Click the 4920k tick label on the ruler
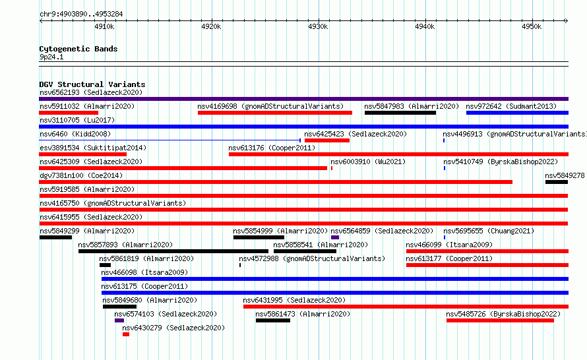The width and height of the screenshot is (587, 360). (211, 26)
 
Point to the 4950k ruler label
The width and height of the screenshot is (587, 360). (532, 26)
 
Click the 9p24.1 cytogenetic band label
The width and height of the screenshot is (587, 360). (51, 57)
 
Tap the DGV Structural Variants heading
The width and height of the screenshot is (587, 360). (92, 84)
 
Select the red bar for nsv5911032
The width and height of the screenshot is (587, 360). (69, 113)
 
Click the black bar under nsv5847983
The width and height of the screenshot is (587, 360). (400, 113)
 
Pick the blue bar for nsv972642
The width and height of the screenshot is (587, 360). (517, 113)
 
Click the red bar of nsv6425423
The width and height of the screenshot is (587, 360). (327, 140)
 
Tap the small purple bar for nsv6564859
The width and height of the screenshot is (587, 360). (335, 237)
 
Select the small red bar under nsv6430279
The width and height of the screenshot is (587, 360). (126, 334)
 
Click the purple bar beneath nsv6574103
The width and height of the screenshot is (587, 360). (119, 320)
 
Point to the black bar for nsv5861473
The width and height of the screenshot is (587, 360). (273, 320)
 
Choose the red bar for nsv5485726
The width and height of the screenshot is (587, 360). (500, 320)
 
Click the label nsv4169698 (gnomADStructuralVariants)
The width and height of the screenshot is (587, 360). (270, 106)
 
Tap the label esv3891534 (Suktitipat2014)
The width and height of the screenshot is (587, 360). (93, 148)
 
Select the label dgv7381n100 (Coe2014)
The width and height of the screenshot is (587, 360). (81, 175)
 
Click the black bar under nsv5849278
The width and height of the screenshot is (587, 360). (557, 182)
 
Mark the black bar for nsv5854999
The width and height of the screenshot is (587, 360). (259, 237)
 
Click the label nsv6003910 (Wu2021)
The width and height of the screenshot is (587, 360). (368, 162)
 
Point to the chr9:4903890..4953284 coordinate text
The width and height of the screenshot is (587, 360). (81, 15)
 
